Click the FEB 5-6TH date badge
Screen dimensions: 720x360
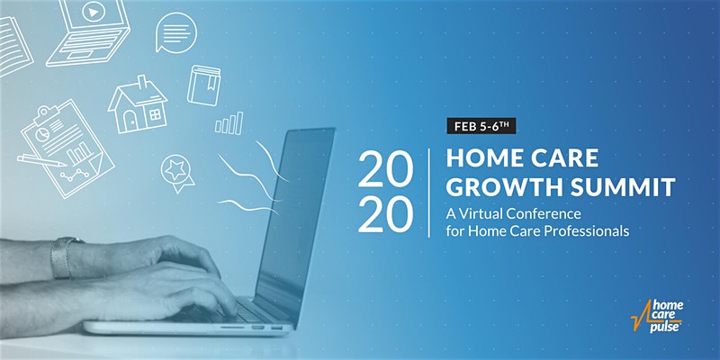pos(481,126)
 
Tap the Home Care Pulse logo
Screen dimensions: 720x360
pos(657,316)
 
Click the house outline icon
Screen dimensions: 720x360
pos(138,104)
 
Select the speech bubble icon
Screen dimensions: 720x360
pos(175,31)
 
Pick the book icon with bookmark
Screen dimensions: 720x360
pos(203,85)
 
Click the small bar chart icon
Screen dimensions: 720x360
pos(229,124)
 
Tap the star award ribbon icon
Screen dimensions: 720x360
pos(177,173)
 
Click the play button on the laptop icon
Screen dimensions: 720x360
pos(94,12)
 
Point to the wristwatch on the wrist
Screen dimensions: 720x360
pos(62,257)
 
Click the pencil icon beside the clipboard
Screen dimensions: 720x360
pos(41,160)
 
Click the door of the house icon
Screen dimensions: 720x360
pos(130,121)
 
